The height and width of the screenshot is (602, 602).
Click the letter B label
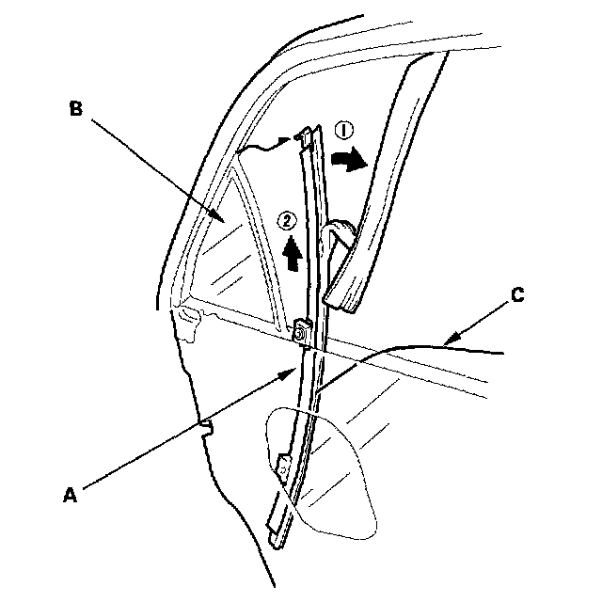78,108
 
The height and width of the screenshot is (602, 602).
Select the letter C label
515,294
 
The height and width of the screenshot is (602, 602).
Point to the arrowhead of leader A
293,371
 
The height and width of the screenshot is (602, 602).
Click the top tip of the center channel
306,133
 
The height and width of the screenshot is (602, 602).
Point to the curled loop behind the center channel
341,230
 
